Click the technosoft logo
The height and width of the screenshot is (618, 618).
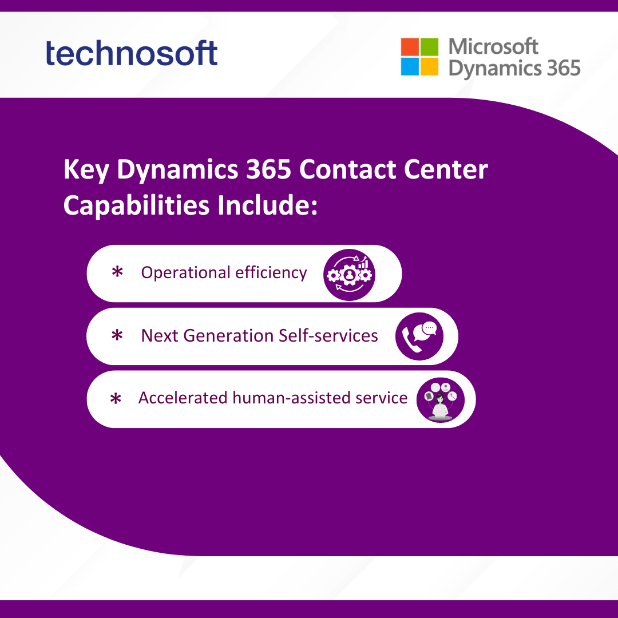[132, 53]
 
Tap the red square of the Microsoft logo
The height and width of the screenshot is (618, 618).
[410, 47]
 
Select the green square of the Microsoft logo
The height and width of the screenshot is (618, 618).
[429, 47]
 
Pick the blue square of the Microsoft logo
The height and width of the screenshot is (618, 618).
[410, 66]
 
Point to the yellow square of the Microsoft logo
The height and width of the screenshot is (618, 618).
[429, 66]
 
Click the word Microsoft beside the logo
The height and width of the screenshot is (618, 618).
[493, 46]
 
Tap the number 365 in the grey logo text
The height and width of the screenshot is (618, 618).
[564, 68]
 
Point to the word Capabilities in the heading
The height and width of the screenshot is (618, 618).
[136, 206]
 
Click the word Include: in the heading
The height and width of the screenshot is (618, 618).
[267, 205]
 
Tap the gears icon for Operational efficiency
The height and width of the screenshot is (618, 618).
[349, 275]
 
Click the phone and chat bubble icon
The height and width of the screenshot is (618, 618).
[419, 336]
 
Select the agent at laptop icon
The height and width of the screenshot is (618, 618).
[440, 399]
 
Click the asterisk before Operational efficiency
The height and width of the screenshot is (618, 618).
[117, 272]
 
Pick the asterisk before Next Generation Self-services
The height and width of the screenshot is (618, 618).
[117, 335]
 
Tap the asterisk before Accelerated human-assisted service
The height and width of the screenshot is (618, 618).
[116, 398]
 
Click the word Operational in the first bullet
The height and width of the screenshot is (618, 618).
[185, 273]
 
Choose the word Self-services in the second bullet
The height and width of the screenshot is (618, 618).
[328, 335]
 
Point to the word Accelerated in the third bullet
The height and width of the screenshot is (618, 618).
[183, 398]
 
